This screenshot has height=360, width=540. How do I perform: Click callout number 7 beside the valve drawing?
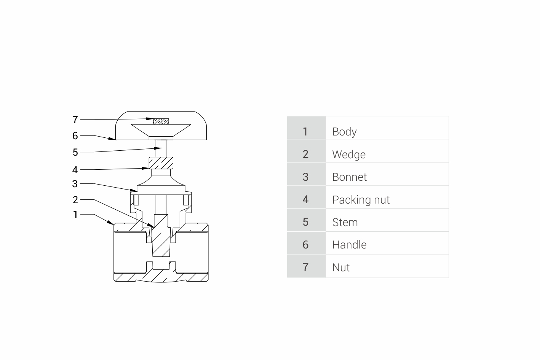click(75, 120)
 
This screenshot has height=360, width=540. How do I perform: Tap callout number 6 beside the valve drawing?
click(75, 136)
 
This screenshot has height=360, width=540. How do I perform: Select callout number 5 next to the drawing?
click(75, 152)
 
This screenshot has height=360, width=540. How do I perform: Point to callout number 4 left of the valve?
click(75, 170)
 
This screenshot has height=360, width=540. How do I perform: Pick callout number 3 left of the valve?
click(75, 184)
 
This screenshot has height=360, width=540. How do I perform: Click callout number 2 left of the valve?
click(75, 200)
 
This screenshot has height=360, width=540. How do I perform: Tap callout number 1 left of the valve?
click(75, 215)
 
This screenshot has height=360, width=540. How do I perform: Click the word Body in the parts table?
click(344, 132)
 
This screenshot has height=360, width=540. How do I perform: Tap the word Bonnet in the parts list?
click(349, 177)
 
